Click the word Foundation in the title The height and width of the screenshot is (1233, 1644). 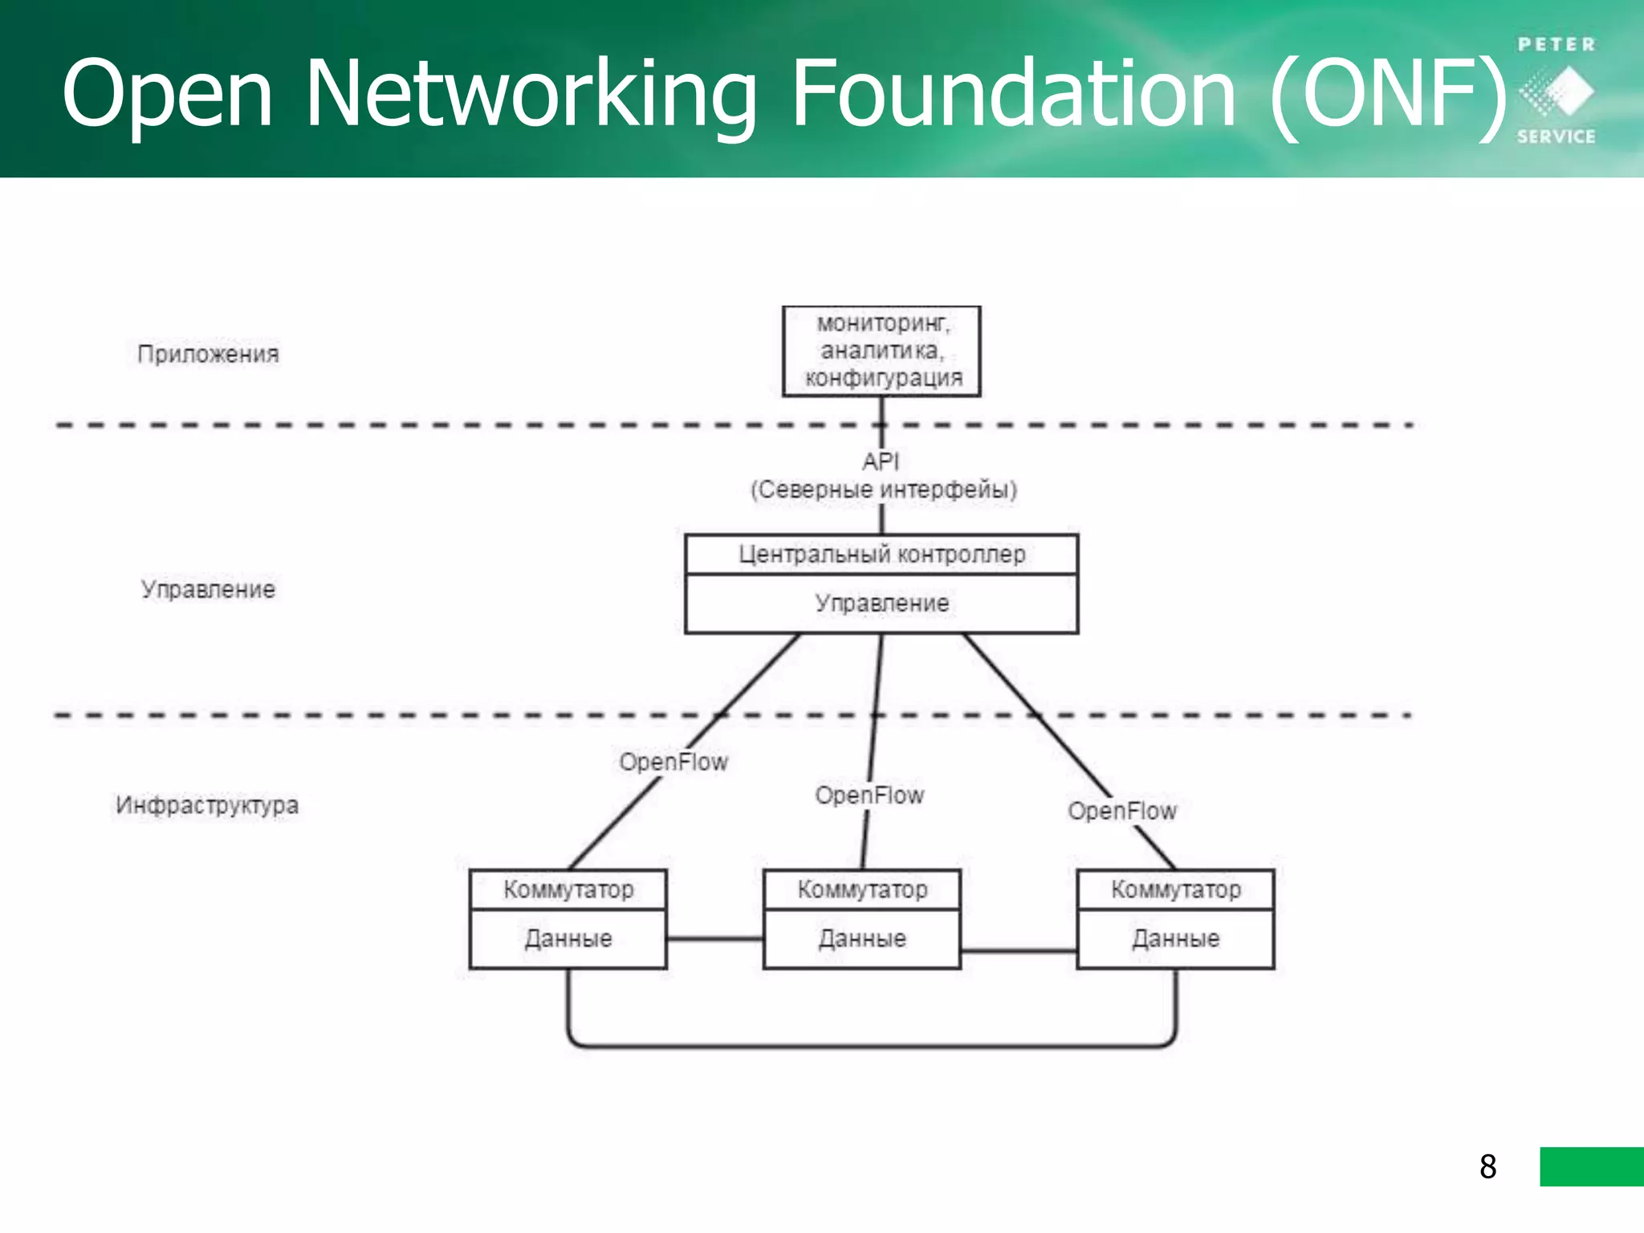click(1013, 94)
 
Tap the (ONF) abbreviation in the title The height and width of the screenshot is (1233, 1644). click(1389, 94)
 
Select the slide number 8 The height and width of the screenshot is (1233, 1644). click(1487, 1166)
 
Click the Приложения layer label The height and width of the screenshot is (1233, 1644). click(208, 354)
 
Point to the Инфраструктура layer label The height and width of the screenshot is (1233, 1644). click(207, 805)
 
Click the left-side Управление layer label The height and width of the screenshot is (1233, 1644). click(208, 589)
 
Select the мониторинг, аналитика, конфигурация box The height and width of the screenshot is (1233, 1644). click(881, 351)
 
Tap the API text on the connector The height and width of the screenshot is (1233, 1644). click(881, 462)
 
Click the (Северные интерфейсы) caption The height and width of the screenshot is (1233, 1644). click(883, 490)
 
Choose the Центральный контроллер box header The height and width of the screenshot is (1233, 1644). click(881, 555)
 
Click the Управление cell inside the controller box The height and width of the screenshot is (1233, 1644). click(881, 604)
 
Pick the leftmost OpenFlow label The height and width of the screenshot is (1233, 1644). click(673, 762)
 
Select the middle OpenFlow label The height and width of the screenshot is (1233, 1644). click(869, 796)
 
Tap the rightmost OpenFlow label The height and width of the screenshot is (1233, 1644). click(1121, 811)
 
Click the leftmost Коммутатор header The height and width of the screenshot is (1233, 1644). click(568, 889)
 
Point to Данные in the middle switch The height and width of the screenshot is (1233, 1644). click(862, 938)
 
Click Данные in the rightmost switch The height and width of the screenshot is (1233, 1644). click(1175, 938)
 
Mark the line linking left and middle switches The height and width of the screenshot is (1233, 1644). click(714, 938)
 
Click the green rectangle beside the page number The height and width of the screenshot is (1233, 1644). click(1591, 1166)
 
